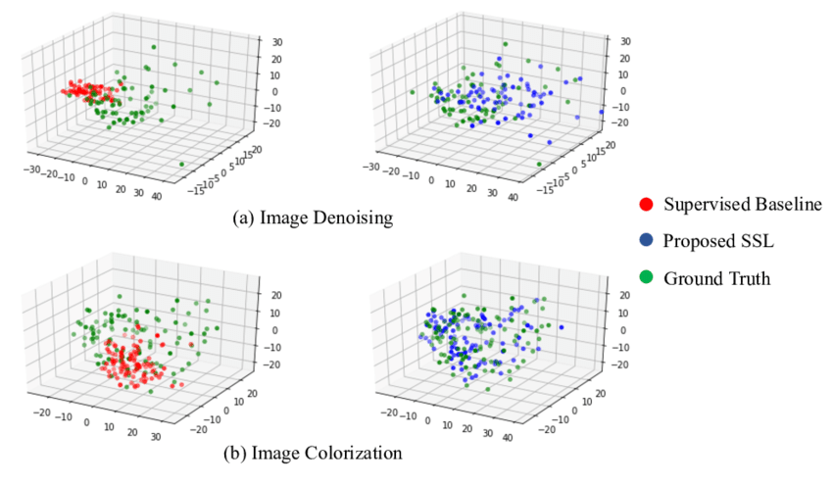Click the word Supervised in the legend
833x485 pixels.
702,205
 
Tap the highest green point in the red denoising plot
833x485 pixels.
154,47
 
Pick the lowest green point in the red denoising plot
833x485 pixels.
181,164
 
